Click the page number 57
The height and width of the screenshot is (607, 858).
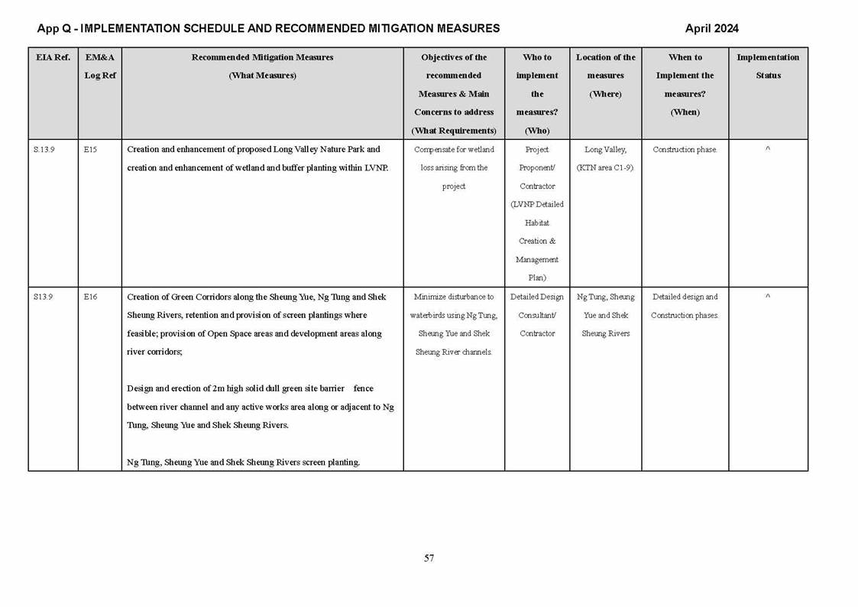point(429,558)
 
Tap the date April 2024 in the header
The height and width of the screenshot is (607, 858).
point(711,29)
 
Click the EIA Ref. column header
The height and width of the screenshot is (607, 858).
point(53,57)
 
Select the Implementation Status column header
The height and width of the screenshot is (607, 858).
point(768,67)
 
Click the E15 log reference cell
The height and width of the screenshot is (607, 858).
point(90,150)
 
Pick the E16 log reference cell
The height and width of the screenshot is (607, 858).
point(90,297)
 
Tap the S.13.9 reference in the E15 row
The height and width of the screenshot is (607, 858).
point(44,150)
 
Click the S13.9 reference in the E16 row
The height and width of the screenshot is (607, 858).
point(43,297)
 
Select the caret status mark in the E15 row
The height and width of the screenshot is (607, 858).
point(768,150)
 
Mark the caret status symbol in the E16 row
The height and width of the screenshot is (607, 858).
point(768,297)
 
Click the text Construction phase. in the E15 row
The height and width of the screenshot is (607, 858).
point(685,150)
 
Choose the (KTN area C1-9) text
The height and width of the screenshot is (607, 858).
point(605,168)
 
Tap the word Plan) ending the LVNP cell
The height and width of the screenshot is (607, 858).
point(537,278)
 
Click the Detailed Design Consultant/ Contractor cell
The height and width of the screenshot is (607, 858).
point(537,315)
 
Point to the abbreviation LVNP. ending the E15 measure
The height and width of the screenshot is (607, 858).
point(377,168)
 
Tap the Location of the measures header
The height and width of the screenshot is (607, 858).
point(605,76)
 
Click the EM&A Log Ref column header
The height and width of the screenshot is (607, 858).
point(99,67)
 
